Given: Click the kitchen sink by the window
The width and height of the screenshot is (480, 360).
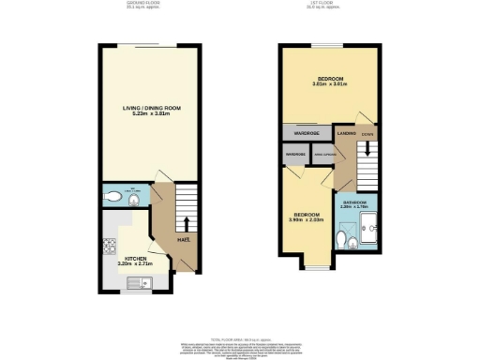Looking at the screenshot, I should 131,283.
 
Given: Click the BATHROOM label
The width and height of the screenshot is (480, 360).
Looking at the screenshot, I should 353,202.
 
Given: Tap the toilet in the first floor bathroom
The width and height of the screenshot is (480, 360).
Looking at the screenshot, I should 351,243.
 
